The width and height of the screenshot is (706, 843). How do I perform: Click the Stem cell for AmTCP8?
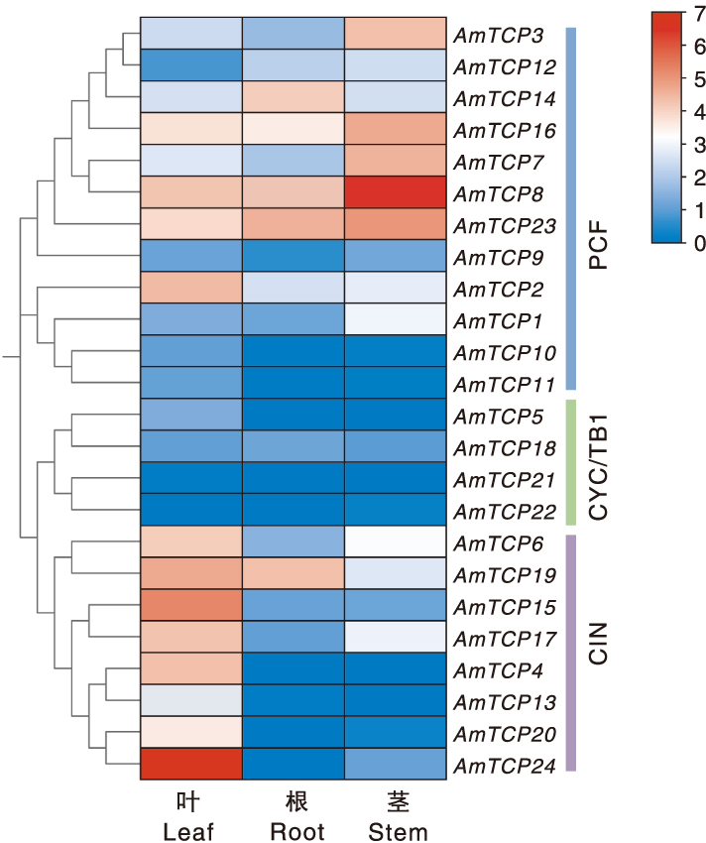coord(396,192)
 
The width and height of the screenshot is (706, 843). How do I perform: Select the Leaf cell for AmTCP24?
coord(190,764)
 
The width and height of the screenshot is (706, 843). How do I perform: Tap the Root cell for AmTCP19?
coord(294,573)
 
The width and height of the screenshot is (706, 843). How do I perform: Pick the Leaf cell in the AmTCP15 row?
coord(190,605)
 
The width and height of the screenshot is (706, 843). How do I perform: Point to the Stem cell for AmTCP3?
coord(396,34)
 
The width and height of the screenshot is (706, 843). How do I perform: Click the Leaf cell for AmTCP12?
coord(190,65)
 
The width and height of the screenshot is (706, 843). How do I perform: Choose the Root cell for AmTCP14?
coord(294,97)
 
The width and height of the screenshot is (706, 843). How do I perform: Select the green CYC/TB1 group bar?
coord(570,462)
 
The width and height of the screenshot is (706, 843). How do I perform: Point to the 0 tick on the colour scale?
coord(689,242)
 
